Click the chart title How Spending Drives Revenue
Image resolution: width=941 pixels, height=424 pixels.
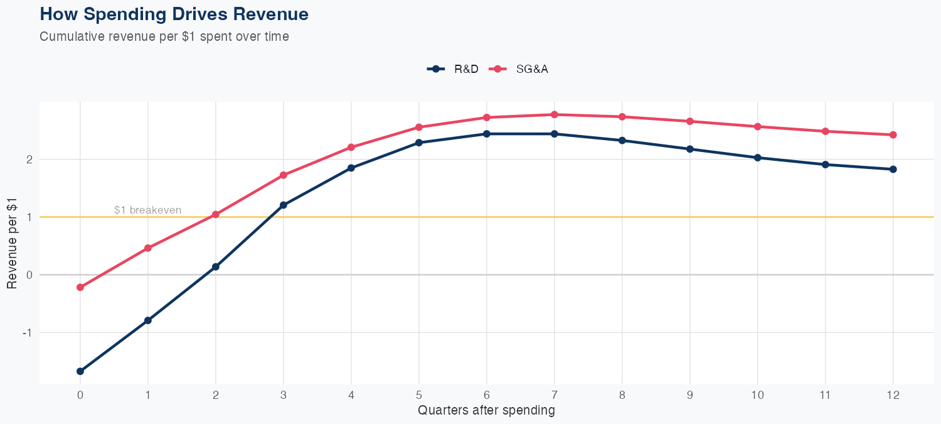[174, 14]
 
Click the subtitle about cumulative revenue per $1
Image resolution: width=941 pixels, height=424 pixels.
[164, 36]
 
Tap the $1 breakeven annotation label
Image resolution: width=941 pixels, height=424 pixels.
[147, 210]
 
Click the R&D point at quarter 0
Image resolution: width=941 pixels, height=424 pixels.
[80, 371]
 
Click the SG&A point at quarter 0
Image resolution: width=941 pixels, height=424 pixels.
[80, 287]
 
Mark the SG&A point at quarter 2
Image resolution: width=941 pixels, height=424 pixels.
[216, 214]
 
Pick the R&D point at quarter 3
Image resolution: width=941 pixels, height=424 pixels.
[284, 205]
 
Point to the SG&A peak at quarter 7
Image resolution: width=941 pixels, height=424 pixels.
[555, 114]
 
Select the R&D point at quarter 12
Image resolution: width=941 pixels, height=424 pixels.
[893, 169]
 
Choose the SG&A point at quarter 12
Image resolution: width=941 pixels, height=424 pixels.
[893, 134]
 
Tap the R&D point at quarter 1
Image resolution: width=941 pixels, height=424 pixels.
[148, 320]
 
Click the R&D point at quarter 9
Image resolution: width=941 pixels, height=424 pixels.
[690, 149]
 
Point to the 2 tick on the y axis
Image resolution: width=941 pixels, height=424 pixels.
[28, 160]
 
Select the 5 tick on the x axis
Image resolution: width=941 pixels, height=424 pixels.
[419, 395]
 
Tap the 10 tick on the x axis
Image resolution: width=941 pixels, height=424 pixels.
[758, 395]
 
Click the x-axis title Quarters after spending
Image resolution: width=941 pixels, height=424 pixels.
[486, 411]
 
